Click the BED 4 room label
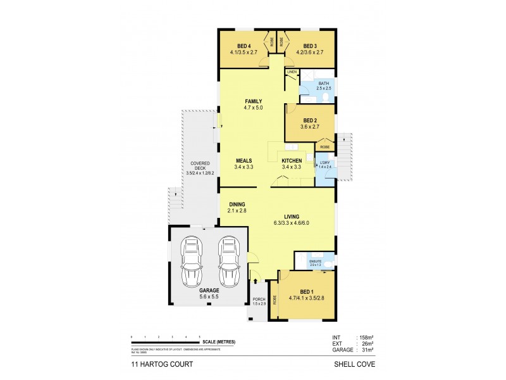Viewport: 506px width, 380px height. pyautogui.click(x=244, y=46)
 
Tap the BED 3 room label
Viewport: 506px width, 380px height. pyautogui.click(x=309, y=46)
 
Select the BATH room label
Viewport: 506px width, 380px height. pyautogui.click(x=323, y=83)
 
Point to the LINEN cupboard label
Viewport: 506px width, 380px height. pyautogui.click(x=292, y=72)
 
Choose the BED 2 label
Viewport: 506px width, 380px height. pyautogui.click(x=309, y=120)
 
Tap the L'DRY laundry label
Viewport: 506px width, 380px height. pyautogui.click(x=323, y=161)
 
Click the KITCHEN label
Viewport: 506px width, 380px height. pyautogui.click(x=292, y=161)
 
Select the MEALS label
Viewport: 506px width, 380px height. pyautogui.click(x=244, y=161)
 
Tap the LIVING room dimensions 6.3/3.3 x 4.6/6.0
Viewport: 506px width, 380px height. pyautogui.click(x=292, y=222)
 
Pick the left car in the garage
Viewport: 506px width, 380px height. pyautogui.click(x=191, y=262)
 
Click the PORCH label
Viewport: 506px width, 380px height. pyautogui.click(x=258, y=299)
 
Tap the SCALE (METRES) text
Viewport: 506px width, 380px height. pyautogui.click(x=219, y=342)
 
